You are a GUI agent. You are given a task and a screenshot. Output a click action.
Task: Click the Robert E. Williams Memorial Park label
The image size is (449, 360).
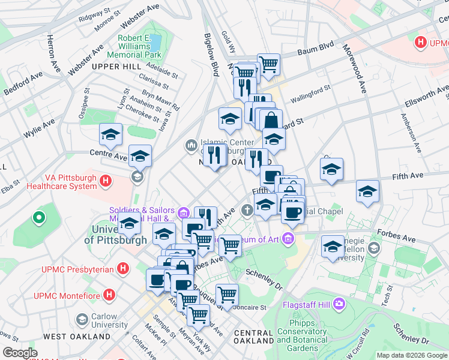coord(138,46)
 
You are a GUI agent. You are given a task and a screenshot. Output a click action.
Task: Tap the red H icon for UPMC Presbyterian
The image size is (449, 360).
coord(123,269)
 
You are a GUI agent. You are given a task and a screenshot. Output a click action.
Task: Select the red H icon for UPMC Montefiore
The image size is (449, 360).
coord(109,295)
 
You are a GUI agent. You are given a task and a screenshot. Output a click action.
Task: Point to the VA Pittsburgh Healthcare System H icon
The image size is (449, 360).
coord(106,180)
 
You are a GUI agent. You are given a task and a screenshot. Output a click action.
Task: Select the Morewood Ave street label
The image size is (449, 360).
coord(354,68)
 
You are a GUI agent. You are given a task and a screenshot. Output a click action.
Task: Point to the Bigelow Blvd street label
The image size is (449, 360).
coord(211,58)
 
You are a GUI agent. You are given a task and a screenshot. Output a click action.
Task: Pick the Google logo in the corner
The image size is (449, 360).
coord(20,353)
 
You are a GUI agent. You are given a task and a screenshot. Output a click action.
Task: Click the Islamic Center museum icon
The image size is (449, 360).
coord(191,145)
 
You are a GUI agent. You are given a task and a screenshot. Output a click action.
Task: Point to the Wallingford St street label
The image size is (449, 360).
coord(310,93)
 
